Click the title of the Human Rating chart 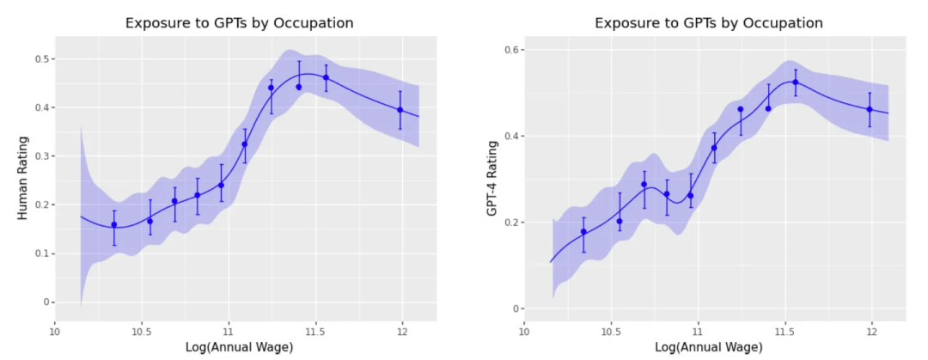coord(239,22)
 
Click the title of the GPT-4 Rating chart coord(709,22)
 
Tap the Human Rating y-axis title coord(22,179)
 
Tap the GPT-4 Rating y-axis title coord(492,179)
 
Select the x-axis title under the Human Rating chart coord(245,346)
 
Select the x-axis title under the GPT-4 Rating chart coord(715,346)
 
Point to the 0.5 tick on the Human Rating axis coord(40,59)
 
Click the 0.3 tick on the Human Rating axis coord(40,156)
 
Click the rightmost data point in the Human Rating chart coord(400,110)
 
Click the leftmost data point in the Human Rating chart coord(113,225)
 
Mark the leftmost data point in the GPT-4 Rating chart coord(583,232)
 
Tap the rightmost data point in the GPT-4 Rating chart coord(870,109)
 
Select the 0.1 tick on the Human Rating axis coord(40,253)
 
